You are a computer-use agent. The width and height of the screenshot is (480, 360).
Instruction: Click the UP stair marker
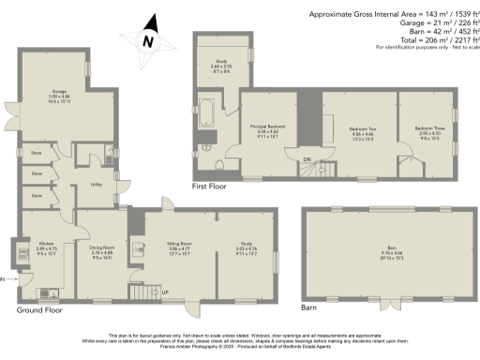click(166, 293)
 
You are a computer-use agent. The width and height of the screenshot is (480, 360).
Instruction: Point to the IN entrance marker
click(4, 279)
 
